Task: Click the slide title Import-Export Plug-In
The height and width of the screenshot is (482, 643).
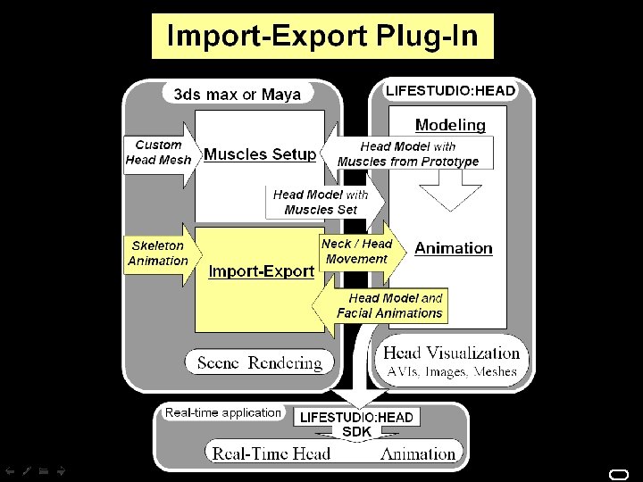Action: click(x=322, y=37)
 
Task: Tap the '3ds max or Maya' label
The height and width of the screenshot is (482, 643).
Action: click(x=238, y=94)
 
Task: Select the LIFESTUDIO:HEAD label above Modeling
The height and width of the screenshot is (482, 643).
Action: click(x=450, y=90)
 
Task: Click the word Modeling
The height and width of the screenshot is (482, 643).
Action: click(x=450, y=125)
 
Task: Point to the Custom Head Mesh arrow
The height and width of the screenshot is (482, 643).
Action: click(x=159, y=153)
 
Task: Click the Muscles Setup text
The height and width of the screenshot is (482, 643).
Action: click(x=260, y=154)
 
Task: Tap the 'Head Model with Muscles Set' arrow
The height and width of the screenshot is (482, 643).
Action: click(x=321, y=202)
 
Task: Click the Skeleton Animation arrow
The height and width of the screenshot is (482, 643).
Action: click(x=159, y=253)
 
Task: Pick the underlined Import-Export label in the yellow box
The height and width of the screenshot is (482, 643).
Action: click(x=261, y=270)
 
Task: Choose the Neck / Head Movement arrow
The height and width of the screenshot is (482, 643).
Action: click(x=357, y=251)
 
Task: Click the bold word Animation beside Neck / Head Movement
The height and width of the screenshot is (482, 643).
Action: click(x=453, y=248)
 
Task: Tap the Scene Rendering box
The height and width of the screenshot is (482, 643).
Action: click(x=259, y=362)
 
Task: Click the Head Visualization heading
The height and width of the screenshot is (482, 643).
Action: click(x=451, y=353)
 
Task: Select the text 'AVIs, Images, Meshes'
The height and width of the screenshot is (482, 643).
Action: click(x=451, y=371)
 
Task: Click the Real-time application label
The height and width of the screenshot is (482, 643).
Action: click(x=222, y=412)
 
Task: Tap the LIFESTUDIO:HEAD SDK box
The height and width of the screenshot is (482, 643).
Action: click(x=356, y=424)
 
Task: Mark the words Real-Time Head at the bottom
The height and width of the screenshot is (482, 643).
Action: click(x=271, y=453)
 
